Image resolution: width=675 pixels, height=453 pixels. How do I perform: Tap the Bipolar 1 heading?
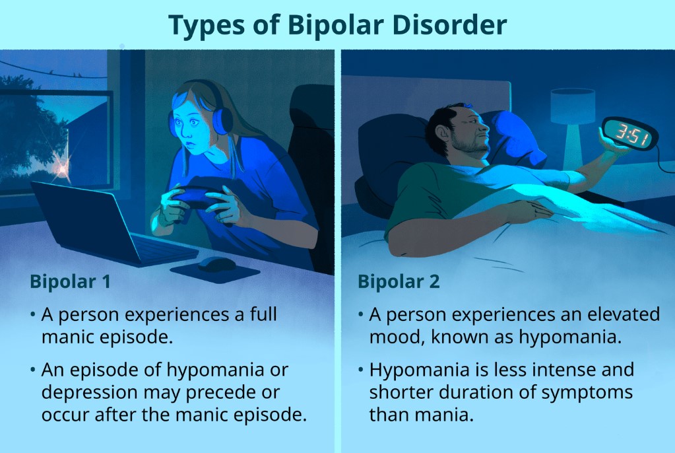70,281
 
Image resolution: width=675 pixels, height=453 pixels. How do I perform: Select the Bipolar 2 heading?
399,281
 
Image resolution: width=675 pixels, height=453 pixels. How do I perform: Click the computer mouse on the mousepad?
216,263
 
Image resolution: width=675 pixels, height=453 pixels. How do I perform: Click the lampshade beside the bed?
573,106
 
